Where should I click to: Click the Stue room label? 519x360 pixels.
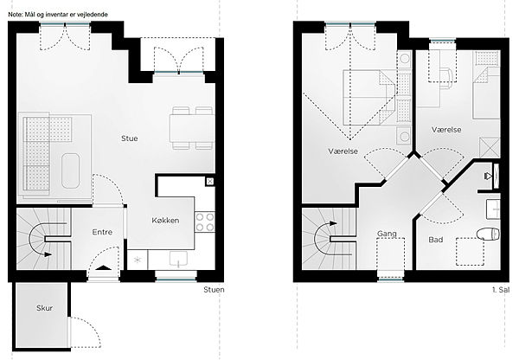pyautogui.click(x=130, y=138)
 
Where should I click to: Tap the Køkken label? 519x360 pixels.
pyautogui.click(x=165, y=220)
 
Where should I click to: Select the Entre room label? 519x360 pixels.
pyautogui.click(x=102, y=232)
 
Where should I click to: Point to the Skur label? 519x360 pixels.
pyautogui.click(x=45, y=308)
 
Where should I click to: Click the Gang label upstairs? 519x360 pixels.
pyautogui.click(x=387, y=234)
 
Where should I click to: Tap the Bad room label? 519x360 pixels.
pyautogui.click(x=436, y=240)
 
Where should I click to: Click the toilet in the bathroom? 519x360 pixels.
pyautogui.click(x=488, y=235)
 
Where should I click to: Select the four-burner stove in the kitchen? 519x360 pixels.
pyautogui.click(x=204, y=222)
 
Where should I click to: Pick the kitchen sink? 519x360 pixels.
pyautogui.click(x=178, y=259)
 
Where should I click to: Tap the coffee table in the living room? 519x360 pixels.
pyautogui.click(x=71, y=170)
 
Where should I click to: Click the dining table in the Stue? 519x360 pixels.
pyautogui.click(x=192, y=128)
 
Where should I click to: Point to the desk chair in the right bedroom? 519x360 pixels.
pyautogui.click(x=446, y=79)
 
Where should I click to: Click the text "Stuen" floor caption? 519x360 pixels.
pyautogui.click(x=214, y=290)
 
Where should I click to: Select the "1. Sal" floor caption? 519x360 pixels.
pyautogui.click(x=501, y=290)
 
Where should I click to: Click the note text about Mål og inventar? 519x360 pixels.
pyautogui.click(x=58, y=15)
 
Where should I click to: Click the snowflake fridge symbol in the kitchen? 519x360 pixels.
pyautogui.click(x=138, y=260)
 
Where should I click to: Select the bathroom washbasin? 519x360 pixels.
pyautogui.click(x=493, y=209)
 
